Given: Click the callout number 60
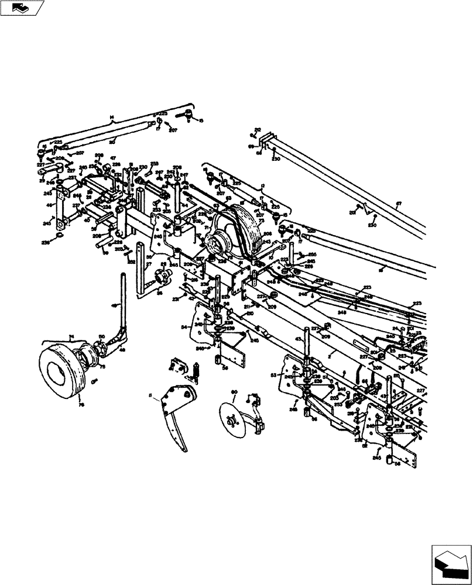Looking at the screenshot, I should pos(234,391).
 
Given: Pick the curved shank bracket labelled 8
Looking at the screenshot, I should pos(176,415).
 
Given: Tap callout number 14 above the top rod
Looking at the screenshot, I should pos(112,118).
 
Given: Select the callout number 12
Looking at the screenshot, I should pos(263,185).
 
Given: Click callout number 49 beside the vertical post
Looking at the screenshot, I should pos(115,306).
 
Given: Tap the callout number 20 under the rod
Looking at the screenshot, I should pos(111,142).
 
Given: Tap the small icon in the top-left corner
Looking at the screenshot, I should pos(22,8).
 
